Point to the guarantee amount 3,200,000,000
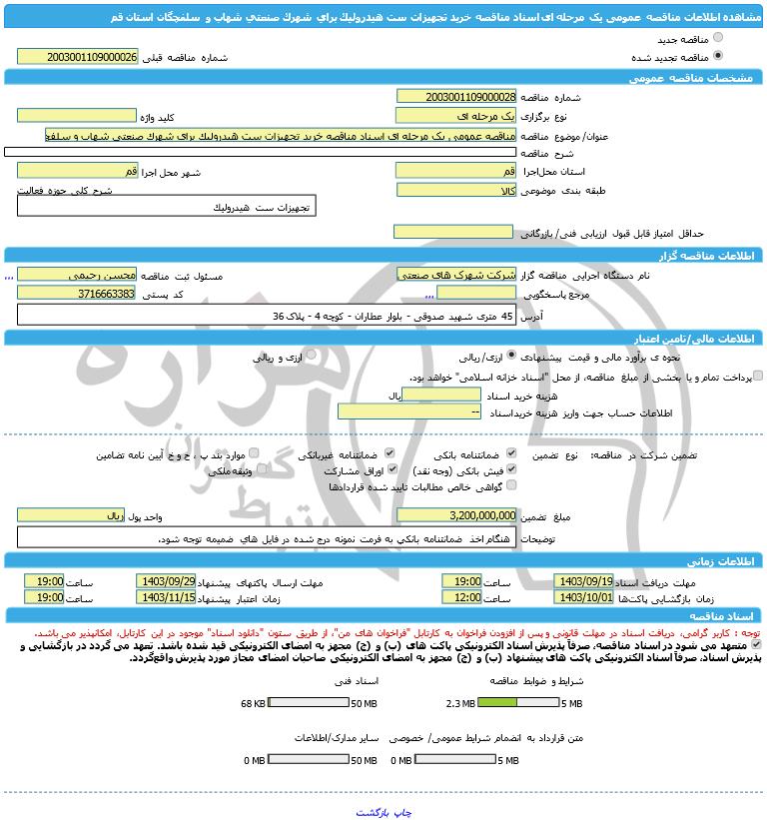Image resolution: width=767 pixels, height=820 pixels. [456, 515]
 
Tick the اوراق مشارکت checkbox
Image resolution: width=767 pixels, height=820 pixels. [391, 468]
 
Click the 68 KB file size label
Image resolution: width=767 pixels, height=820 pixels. [254, 703]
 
